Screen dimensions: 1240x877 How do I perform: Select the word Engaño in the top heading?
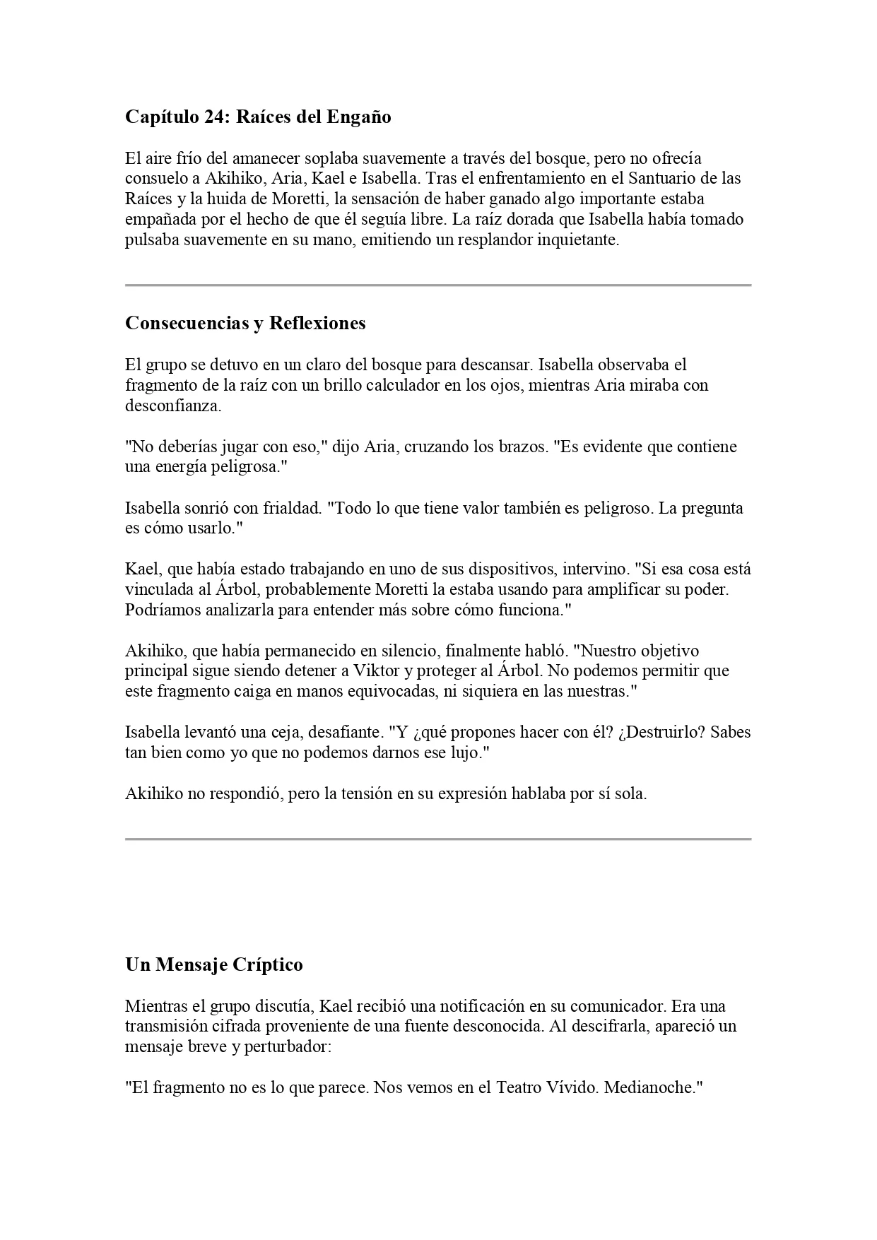pos(358,117)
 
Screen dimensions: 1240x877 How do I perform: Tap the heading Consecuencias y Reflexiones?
pos(245,324)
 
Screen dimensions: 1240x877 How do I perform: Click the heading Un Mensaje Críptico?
pos(213,965)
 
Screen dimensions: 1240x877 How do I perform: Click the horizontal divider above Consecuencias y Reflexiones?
pos(438,285)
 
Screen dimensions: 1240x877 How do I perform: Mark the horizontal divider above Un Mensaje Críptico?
pos(438,839)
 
